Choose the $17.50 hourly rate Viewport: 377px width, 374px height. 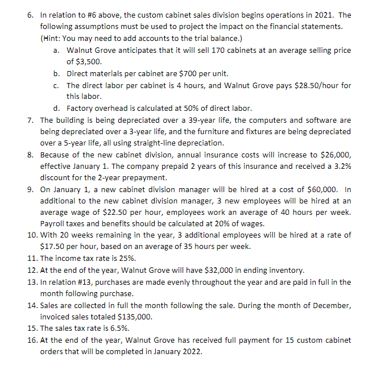point(54,247)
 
